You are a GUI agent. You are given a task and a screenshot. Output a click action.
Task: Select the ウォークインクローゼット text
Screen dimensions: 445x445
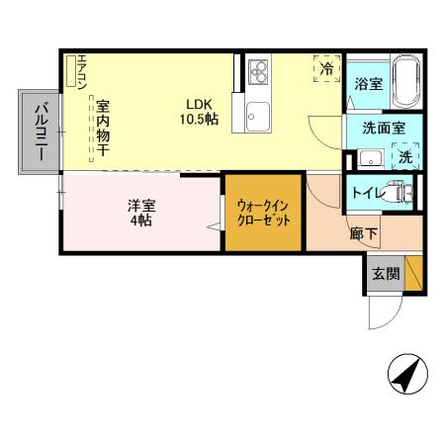tap(262, 214)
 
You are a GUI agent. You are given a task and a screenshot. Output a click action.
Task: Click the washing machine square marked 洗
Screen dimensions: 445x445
tap(405, 156)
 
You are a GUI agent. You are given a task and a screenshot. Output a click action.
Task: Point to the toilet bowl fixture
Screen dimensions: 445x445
tap(400, 191)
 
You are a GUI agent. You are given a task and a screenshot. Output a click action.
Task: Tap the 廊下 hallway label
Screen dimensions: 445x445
tap(363, 234)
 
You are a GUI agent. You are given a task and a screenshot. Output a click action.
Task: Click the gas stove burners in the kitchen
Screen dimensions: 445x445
tap(259, 71)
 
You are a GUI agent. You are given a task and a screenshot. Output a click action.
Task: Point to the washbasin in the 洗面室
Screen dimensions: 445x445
tap(370, 157)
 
